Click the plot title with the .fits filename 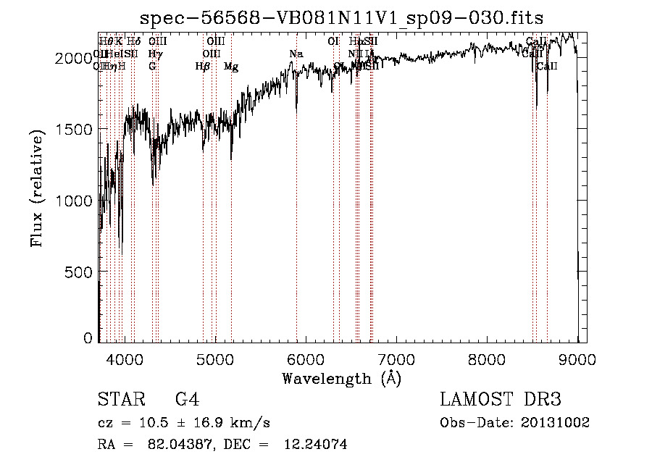(x=341, y=17)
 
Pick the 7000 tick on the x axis (x=396, y=358)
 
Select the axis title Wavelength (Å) (x=341, y=378)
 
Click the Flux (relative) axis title (x=37, y=188)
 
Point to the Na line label (x=296, y=54)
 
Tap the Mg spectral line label (x=231, y=67)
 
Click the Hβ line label (x=203, y=67)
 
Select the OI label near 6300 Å (x=333, y=42)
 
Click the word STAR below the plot (x=121, y=400)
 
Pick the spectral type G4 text (x=187, y=400)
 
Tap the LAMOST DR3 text (x=500, y=400)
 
